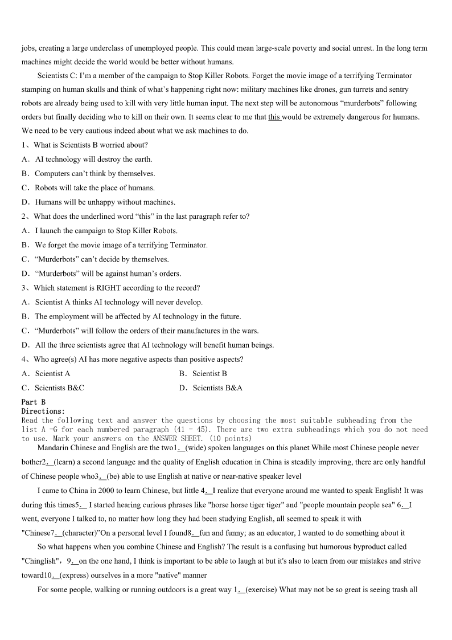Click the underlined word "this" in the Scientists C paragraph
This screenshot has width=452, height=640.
(274, 117)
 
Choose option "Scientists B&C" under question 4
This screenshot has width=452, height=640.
(59, 388)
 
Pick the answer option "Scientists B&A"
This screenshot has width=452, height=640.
(217, 388)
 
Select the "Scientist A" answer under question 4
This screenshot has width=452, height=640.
(52, 373)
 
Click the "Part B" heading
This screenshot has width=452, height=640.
(33, 402)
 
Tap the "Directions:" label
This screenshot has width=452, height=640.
(43, 411)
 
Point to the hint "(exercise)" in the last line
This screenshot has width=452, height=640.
(261, 589)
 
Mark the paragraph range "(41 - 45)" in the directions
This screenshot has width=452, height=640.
(193, 429)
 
